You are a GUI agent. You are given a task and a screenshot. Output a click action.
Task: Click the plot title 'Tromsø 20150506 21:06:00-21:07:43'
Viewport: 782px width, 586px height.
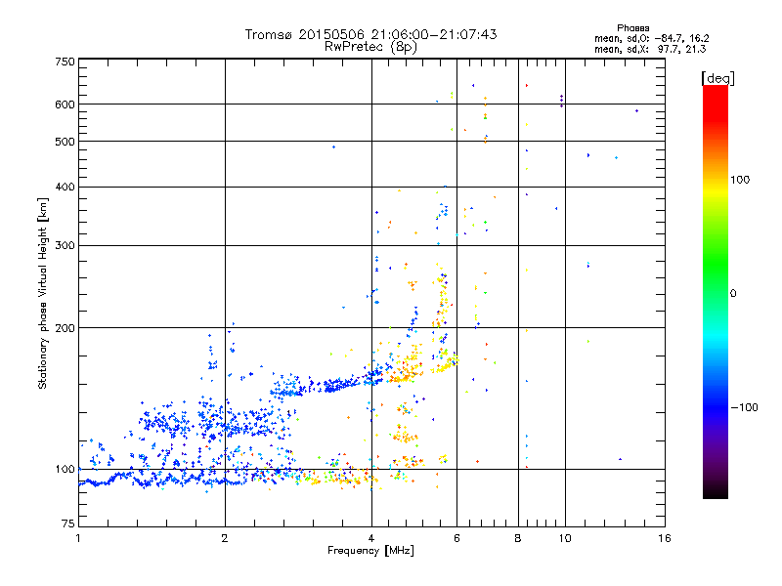(x=370, y=34)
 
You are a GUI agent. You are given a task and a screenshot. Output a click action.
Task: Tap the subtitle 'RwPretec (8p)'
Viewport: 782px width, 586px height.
(x=370, y=46)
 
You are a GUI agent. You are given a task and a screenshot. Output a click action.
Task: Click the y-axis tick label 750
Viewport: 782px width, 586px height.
(x=65, y=62)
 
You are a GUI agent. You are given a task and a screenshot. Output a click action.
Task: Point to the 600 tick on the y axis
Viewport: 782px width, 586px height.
(x=65, y=105)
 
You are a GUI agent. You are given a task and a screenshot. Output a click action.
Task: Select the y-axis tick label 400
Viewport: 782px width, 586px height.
(x=65, y=188)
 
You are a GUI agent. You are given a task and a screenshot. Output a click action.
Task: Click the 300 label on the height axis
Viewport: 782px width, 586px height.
(x=65, y=246)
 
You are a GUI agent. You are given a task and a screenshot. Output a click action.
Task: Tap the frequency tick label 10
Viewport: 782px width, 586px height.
(x=563, y=539)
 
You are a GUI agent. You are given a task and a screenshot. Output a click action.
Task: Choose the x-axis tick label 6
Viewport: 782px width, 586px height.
(x=456, y=539)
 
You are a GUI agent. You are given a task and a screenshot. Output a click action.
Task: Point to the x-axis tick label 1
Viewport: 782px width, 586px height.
(x=78, y=539)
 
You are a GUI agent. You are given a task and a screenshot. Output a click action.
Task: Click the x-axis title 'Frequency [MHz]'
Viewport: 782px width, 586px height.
(x=370, y=552)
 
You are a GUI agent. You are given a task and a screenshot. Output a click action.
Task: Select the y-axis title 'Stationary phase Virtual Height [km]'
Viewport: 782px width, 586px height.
(x=43, y=293)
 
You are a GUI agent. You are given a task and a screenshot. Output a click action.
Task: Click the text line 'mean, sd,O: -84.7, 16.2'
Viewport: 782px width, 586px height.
(x=651, y=38)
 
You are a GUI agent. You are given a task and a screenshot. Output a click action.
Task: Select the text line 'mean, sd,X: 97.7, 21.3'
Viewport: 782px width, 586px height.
(x=651, y=49)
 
